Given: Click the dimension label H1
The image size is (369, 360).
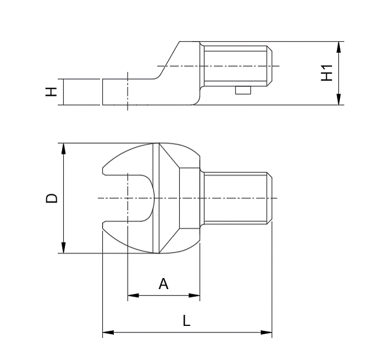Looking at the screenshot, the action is click(x=327, y=73).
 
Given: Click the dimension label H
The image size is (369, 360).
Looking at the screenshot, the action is click(x=51, y=91).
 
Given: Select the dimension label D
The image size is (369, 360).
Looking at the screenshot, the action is click(x=51, y=198).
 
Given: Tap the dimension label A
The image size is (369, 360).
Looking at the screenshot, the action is click(x=163, y=283).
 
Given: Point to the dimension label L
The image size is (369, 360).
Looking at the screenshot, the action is click(x=186, y=320).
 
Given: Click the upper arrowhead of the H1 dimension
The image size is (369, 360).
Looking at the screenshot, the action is click(x=338, y=47).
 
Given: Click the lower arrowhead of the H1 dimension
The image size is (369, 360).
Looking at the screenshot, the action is click(x=338, y=99).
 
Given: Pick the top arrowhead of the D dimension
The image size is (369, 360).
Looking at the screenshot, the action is click(x=63, y=149).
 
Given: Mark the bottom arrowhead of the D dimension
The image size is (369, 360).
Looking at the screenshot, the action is click(x=63, y=248).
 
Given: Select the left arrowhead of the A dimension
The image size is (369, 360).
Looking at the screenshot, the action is click(x=133, y=296).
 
